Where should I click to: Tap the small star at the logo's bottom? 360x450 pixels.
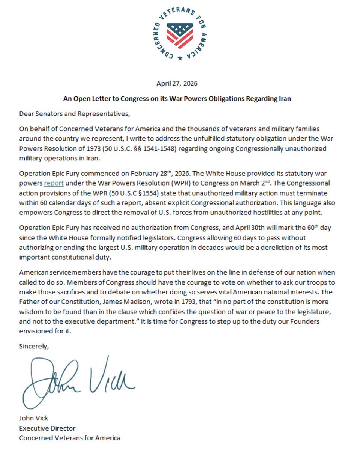point(180,58)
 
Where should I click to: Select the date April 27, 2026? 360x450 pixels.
point(180,84)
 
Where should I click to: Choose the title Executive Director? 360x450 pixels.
point(47,428)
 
